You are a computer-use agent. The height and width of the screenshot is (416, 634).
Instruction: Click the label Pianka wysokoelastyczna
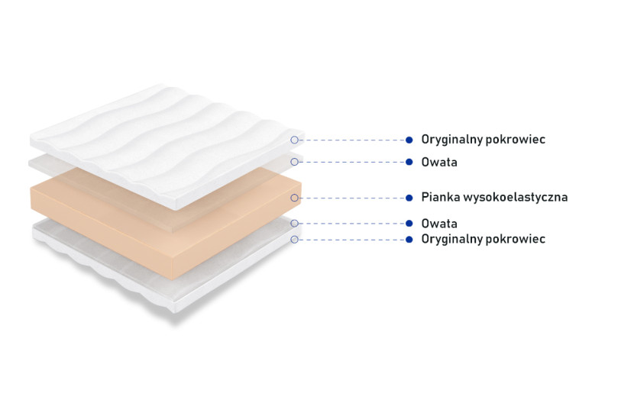(x=494, y=198)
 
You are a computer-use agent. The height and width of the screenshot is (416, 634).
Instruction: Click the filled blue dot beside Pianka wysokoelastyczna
(x=409, y=198)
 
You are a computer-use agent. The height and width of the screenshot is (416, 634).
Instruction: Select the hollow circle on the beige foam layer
(x=294, y=198)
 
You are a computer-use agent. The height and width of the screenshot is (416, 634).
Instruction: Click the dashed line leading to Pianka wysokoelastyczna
(x=352, y=198)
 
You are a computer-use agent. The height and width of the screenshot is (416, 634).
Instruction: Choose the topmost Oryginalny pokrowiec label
(x=484, y=140)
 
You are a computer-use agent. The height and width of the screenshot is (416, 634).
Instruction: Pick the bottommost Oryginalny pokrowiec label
(x=484, y=240)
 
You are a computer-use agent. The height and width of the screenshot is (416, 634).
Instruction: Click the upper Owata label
(x=439, y=163)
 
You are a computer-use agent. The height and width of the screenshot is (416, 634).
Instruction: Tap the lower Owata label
(x=439, y=224)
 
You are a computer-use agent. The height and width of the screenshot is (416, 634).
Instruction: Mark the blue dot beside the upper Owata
(x=409, y=162)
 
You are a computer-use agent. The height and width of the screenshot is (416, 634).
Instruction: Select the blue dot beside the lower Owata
(x=409, y=224)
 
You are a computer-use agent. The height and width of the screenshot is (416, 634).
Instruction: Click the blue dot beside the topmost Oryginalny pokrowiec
(x=409, y=140)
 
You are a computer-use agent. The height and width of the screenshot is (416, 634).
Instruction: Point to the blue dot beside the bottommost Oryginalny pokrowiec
(x=409, y=240)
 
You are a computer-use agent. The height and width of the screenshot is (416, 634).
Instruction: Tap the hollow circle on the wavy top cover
(x=294, y=140)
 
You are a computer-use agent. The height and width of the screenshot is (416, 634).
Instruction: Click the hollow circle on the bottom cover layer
(x=294, y=240)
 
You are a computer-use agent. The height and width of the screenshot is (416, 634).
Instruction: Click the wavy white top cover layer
(x=166, y=145)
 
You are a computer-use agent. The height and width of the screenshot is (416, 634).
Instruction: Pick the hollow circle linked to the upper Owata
(x=294, y=162)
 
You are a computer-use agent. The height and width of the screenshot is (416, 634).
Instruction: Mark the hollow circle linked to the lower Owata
(x=294, y=224)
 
